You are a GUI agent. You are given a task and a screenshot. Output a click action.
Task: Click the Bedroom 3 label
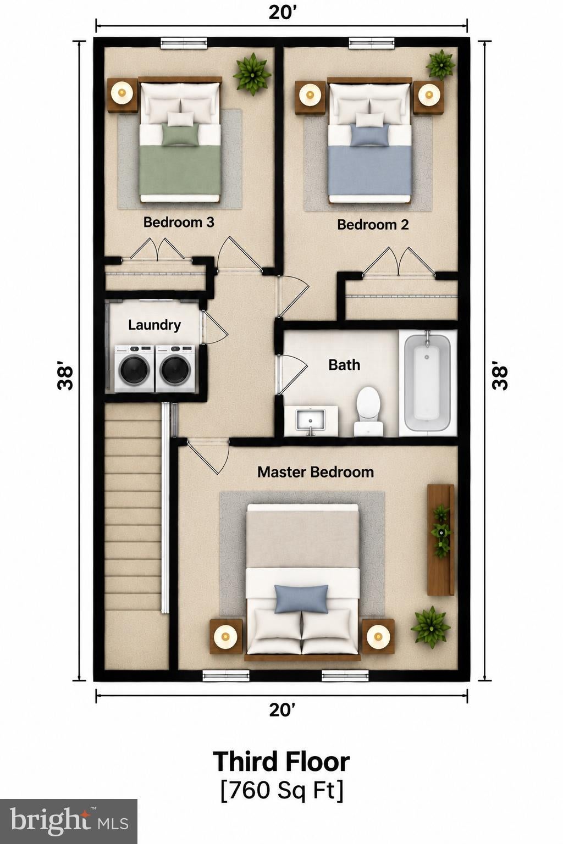tap(179, 223)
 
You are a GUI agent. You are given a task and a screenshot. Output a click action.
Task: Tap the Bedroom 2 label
tap(373, 225)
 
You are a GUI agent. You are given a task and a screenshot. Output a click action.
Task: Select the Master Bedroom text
tap(316, 472)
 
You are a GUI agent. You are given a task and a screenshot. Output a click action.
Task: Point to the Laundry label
tap(154, 325)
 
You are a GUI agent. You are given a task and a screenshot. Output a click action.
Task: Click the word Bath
tap(344, 365)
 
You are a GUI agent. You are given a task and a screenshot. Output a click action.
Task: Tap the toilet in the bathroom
tap(368, 412)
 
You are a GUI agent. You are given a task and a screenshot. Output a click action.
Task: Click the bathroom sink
tap(311, 421)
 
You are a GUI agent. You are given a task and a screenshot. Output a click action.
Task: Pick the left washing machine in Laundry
tap(135, 369)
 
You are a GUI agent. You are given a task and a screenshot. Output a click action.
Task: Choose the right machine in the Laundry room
tap(175, 369)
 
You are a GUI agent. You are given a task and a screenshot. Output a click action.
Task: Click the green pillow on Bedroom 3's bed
tap(181, 136)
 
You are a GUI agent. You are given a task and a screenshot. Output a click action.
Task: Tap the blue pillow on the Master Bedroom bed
tap(301, 599)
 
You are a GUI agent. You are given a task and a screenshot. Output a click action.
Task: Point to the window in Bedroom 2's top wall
tap(372, 43)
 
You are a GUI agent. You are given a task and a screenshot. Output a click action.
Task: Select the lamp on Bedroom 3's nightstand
tap(122, 92)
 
